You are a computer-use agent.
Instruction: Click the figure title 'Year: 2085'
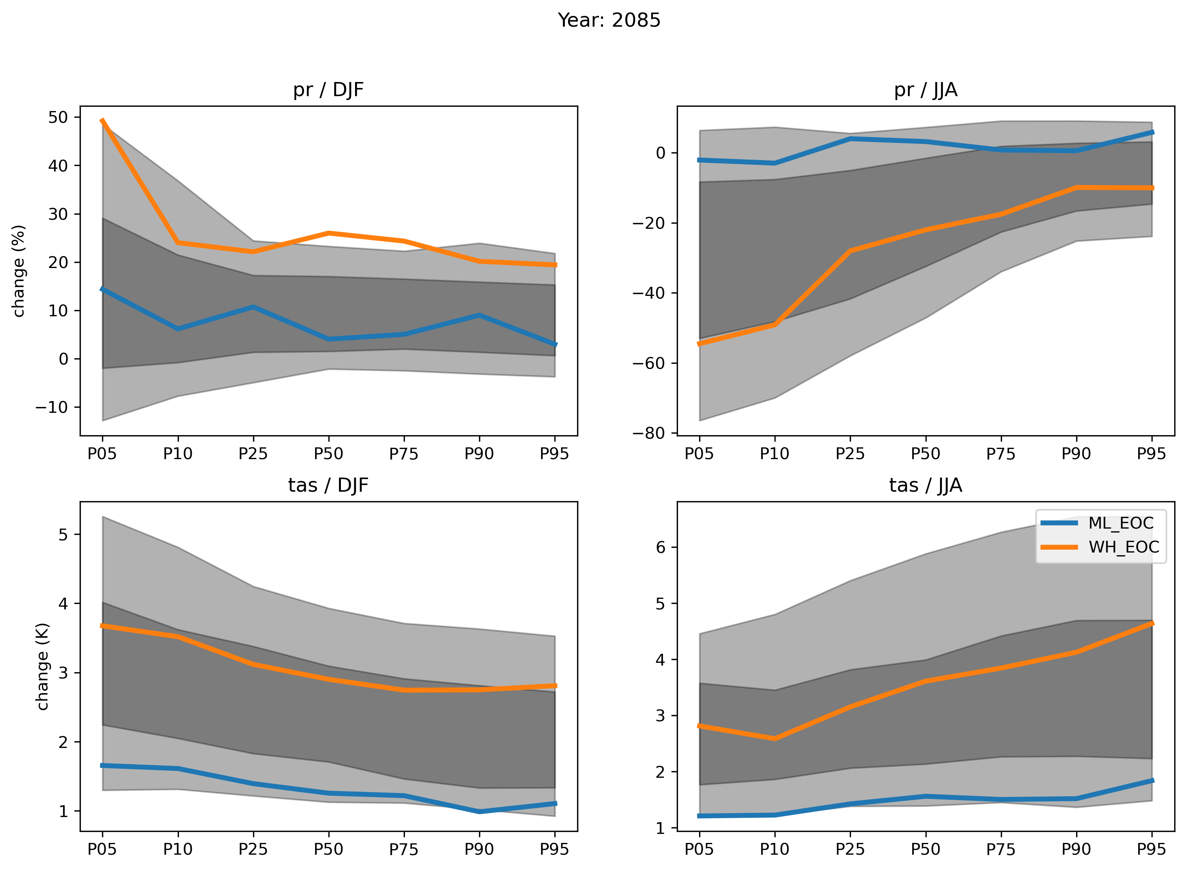(608, 20)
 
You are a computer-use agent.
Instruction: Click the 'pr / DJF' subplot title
(328, 89)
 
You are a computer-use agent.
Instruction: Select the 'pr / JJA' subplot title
(925, 89)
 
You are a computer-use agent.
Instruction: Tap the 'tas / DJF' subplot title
(328, 485)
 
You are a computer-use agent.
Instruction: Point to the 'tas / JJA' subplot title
(925, 485)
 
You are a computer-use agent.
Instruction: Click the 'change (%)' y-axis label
(19, 271)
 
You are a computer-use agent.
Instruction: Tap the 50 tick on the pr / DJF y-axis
(58, 117)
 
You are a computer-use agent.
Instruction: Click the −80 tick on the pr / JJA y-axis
(648, 433)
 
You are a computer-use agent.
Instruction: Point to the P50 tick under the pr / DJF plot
(328, 453)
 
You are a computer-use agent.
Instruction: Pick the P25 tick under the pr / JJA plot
(850, 453)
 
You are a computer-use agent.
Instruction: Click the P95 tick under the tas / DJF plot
(554, 849)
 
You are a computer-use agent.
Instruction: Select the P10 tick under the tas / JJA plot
(774, 849)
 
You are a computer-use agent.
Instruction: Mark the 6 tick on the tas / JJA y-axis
(660, 547)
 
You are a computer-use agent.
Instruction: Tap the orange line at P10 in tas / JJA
(774, 738)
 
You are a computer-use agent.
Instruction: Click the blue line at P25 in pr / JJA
(850, 139)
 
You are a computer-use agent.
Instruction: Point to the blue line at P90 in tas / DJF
(479, 812)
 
